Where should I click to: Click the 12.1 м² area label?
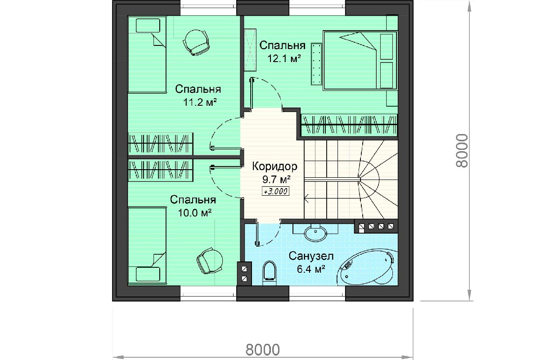click(x=284, y=58)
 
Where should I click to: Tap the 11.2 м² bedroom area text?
click(x=200, y=102)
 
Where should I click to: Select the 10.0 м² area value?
click(x=195, y=213)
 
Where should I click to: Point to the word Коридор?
click(x=275, y=166)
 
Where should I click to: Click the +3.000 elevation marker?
click(x=275, y=191)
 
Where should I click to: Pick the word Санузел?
click(x=311, y=256)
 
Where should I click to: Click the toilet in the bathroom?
click(x=269, y=273)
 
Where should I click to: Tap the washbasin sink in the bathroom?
click(x=315, y=233)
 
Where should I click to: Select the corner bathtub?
click(x=367, y=267)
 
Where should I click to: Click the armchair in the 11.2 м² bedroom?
click(x=196, y=43)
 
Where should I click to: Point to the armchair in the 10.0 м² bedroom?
click(x=210, y=261)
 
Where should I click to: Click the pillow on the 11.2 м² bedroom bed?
click(x=148, y=26)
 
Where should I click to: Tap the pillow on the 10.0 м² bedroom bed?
click(x=148, y=274)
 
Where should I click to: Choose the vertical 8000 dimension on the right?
click(x=461, y=151)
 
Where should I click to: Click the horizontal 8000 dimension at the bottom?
click(x=262, y=349)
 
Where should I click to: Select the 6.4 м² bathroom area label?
click(x=311, y=269)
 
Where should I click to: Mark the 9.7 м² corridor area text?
click(x=276, y=179)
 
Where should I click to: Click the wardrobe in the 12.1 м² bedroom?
click(x=349, y=125)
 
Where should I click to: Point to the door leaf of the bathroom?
click(x=257, y=234)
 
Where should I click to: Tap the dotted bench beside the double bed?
click(x=316, y=64)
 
